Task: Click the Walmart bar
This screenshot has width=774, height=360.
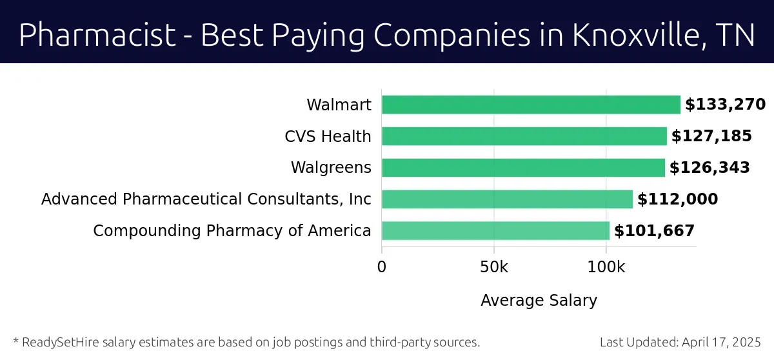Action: (x=531, y=105)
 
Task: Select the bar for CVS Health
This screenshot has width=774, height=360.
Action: (x=524, y=136)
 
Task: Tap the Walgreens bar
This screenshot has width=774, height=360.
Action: (x=523, y=168)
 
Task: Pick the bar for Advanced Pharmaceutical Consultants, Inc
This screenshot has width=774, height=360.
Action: (x=507, y=199)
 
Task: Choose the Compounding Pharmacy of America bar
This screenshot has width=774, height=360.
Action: (x=495, y=231)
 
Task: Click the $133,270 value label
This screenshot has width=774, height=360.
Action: (x=725, y=105)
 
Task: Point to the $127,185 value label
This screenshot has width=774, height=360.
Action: (x=711, y=136)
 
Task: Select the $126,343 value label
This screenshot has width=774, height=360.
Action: (x=709, y=168)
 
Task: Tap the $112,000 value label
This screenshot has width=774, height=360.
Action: (x=677, y=199)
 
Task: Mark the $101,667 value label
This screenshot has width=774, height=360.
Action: (x=654, y=231)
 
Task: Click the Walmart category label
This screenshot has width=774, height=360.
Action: (x=339, y=105)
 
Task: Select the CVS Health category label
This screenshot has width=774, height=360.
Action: (x=328, y=137)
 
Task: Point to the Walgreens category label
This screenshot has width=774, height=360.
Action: (x=331, y=168)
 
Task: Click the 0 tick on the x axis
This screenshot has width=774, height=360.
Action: (x=382, y=267)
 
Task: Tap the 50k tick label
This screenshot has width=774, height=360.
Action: (x=493, y=267)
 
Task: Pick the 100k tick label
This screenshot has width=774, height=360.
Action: (x=606, y=267)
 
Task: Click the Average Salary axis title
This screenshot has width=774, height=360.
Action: (x=539, y=301)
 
